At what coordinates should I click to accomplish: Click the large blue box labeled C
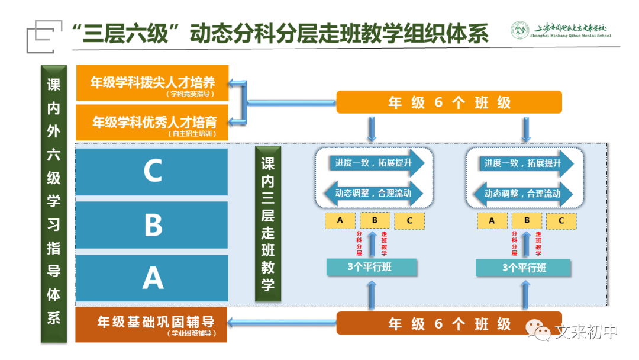coord(152,172)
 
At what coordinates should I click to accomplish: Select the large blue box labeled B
coord(152,225)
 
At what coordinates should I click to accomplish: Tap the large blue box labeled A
coord(152,278)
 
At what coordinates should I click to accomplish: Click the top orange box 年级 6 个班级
coord(448,102)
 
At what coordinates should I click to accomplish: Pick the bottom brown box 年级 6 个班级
coord(448,323)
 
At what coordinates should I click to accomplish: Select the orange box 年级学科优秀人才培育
coord(153,123)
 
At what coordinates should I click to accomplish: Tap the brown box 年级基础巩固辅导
coord(153,324)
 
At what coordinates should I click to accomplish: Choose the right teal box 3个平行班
coord(524,268)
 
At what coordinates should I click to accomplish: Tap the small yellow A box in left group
coord(340,220)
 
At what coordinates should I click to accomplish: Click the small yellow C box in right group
coord(561,221)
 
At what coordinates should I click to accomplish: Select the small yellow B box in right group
coord(527,221)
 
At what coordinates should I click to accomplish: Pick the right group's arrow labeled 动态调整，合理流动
coord(521,193)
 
